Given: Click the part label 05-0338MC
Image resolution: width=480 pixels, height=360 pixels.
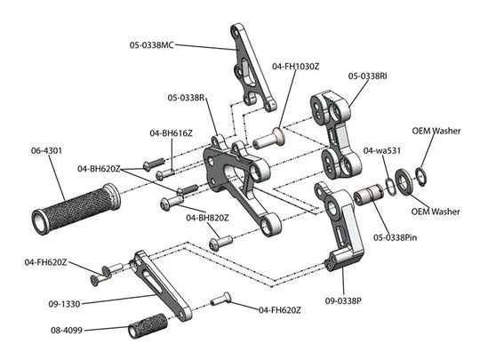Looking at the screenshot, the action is pyautogui.click(x=151, y=45).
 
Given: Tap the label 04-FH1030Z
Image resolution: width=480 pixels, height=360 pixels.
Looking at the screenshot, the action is pyautogui.click(x=295, y=66).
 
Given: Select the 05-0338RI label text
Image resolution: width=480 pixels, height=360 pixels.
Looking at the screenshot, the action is pyautogui.click(x=367, y=76).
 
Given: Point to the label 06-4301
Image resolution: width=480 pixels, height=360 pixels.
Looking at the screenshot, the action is pyautogui.click(x=46, y=150).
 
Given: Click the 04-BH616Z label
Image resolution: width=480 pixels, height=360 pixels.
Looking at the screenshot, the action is pyautogui.click(x=171, y=133).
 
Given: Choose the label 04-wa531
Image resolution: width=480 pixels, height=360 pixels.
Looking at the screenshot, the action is pyautogui.click(x=381, y=150).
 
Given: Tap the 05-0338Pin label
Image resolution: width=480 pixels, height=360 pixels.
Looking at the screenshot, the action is pyautogui.click(x=395, y=237).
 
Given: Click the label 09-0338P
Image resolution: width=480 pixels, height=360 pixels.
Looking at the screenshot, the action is pyautogui.click(x=343, y=301).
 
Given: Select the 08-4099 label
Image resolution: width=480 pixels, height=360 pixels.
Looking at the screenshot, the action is pyautogui.click(x=67, y=331).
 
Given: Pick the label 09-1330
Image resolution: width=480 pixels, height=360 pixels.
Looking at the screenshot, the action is pyautogui.click(x=64, y=304).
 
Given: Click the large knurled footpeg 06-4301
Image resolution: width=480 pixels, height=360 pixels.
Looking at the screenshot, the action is pyautogui.click(x=76, y=208).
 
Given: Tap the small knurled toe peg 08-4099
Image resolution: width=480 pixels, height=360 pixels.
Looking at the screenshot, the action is pyautogui.click(x=148, y=325).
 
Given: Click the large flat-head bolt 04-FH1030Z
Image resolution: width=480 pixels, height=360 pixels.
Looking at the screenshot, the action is pyautogui.click(x=269, y=139).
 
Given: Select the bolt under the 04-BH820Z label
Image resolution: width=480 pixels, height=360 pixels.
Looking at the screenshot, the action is pyautogui.click(x=220, y=242).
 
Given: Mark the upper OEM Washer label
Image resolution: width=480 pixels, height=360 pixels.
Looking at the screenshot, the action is pyautogui.click(x=436, y=131).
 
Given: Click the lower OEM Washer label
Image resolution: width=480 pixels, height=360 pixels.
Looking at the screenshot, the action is pyautogui.click(x=436, y=212).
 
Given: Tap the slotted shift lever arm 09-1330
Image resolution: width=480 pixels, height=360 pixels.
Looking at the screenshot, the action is pyautogui.click(x=161, y=285).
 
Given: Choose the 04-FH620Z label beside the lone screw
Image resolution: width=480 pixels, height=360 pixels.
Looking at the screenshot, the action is pyautogui.click(x=280, y=310).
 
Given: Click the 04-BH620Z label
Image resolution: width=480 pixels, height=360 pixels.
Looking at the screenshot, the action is pyautogui.click(x=99, y=169).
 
